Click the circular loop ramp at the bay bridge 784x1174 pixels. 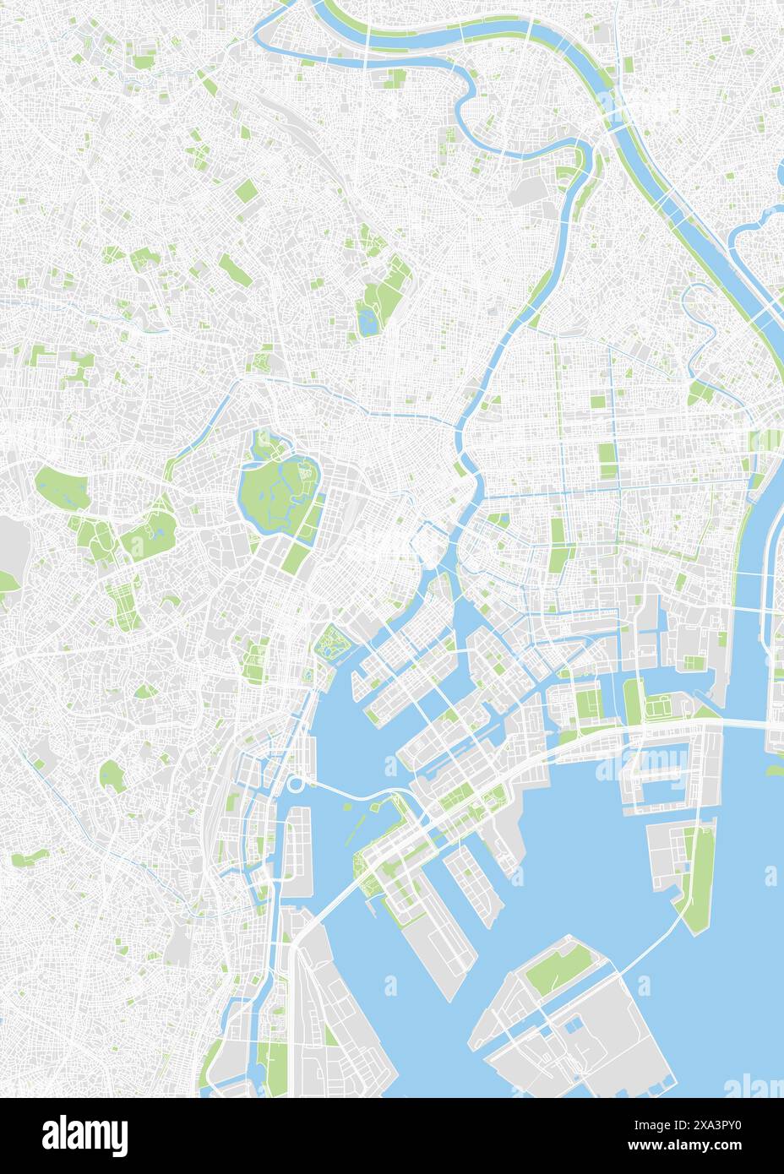[x=295, y=785]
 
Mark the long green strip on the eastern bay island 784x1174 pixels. [x=697, y=878]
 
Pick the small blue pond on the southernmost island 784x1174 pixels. [x=577, y=1024]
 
